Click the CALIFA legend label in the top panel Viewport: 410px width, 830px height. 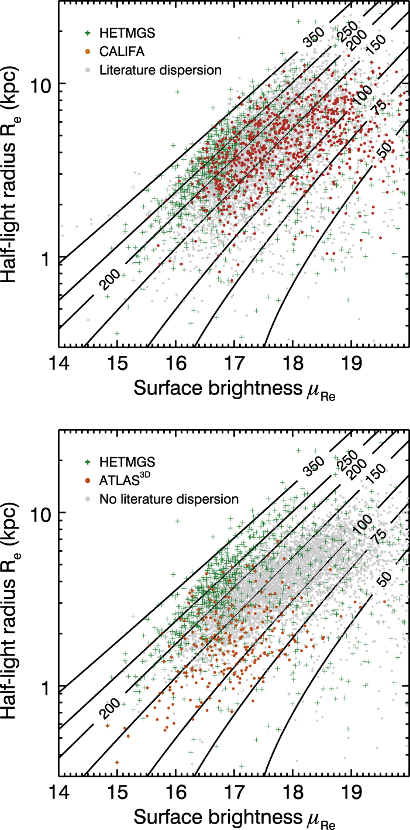coord(122,52)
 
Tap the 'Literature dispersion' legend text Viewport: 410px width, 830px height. coord(160,70)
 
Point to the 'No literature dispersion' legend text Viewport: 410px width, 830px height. coord(169,499)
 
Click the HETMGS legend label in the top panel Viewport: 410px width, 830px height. coord(128,33)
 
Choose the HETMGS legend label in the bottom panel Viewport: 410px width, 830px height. coord(128,462)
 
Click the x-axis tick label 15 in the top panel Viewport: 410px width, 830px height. coord(118,364)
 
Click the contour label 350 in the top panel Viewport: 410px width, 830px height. coord(313,37)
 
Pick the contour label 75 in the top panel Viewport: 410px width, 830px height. coord(379,108)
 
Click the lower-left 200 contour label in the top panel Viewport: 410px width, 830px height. coord(109,279)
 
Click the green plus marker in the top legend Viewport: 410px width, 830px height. coord(88,33)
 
